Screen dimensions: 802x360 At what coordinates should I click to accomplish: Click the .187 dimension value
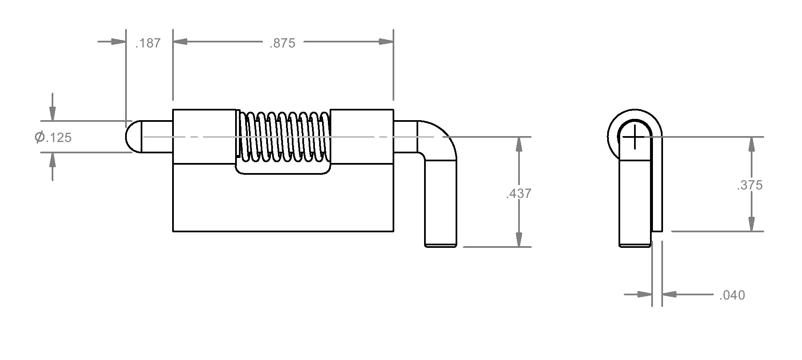148,43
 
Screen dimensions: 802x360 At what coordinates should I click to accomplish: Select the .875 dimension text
282,43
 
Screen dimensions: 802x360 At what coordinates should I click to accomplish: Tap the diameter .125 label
53,137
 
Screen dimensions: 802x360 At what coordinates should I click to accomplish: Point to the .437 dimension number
519,193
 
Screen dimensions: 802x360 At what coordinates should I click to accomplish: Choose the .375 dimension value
750,185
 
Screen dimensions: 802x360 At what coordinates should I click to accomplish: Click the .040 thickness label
732,295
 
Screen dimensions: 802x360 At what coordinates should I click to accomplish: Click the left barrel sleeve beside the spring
204,136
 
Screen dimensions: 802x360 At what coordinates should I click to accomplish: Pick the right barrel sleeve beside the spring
362,136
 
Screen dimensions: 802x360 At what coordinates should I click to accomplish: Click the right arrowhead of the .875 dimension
386,42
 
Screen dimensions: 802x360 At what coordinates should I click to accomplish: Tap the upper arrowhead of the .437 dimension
519,145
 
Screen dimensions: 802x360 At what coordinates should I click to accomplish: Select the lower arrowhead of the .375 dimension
751,223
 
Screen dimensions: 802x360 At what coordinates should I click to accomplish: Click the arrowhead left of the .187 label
118,42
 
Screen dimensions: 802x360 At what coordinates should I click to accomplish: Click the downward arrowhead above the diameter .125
52,113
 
